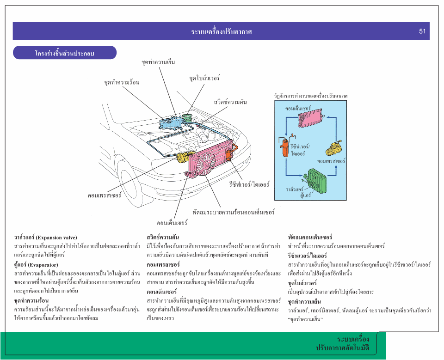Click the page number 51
pyautogui.click(x=422, y=31)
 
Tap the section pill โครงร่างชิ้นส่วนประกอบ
pyautogui.click(x=64, y=53)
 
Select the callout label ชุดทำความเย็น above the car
pyautogui.click(x=158, y=61)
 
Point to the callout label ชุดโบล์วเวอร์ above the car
pyautogui.click(x=204, y=78)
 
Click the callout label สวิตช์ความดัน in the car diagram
pyautogui.click(x=230, y=101)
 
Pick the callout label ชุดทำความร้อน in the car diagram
pyautogui.click(x=122, y=82)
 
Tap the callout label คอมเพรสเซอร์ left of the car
pyautogui.click(x=105, y=195)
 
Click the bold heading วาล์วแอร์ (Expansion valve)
pyautogui.click(x=45, y=238)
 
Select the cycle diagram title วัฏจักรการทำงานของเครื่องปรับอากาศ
pyautogui.click(x=310, y=96)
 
